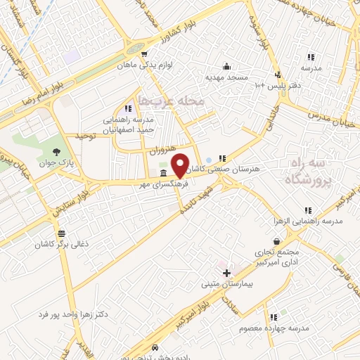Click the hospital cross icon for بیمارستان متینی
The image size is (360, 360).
226,272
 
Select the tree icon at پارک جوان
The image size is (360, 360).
56,150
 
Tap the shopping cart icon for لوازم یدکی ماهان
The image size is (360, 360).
144,53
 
